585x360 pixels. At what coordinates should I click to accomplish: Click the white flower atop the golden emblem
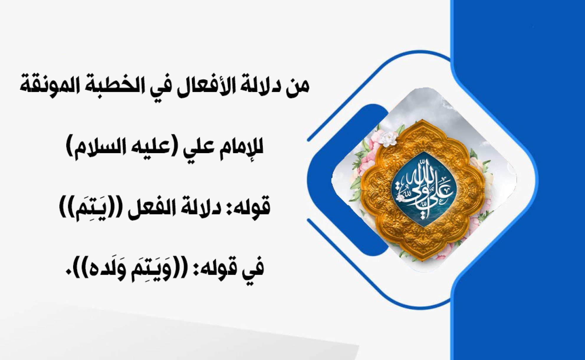click(387, 138)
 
